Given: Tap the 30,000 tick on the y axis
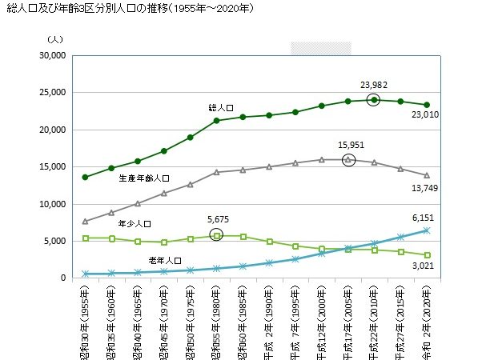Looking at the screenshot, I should tap(49, 56).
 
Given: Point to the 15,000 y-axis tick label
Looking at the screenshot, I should tap(49, 167).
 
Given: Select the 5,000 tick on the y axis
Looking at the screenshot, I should tap(51, 241).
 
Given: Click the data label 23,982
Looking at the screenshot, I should tap(376, 83).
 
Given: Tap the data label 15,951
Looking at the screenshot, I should tap(350, 145).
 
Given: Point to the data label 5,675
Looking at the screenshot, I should tap(216, 218).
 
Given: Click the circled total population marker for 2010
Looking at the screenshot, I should tap(374, 100).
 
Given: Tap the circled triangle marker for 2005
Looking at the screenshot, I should tap(348, 160).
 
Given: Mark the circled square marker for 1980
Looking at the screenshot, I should tap(217, 235).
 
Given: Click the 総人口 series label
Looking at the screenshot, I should tap(220, 107).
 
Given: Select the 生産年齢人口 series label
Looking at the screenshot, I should tap(144, 178).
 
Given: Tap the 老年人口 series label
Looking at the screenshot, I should tap(165, 261).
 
